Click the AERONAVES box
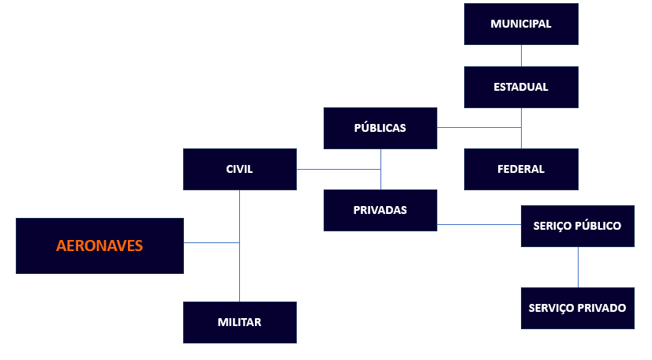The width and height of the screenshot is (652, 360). click(x=99, y=246)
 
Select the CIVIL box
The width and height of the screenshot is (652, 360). click(x=239, y=169)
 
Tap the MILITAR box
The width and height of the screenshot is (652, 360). click(x=239, y=322)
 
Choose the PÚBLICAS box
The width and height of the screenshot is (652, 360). click(x=380, y=128)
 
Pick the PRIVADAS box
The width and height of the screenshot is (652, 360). click(x=380, y=210)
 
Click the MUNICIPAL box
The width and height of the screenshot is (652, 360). click(x=521, y=24)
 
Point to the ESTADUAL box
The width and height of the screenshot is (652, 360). click(x=521, y=87)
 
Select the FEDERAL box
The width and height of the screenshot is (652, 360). click(x=521, y=169)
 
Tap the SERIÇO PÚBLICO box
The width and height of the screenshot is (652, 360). click(x=577, y=226)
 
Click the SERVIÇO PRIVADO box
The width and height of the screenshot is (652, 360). click(x=577, y=308)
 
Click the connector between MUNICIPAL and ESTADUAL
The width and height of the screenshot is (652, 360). click(x=521, y=55)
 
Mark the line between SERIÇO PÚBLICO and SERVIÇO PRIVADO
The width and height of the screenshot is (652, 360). click(x=578, y=267)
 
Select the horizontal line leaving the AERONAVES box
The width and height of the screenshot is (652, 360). click(x=211, y=242)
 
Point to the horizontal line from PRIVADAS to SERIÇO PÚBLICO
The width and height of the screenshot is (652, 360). click(x=478, y=225)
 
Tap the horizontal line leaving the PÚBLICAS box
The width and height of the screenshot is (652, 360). click(x=478, y=127)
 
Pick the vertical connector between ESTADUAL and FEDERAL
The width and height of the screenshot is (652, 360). click(x=521, y=138)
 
